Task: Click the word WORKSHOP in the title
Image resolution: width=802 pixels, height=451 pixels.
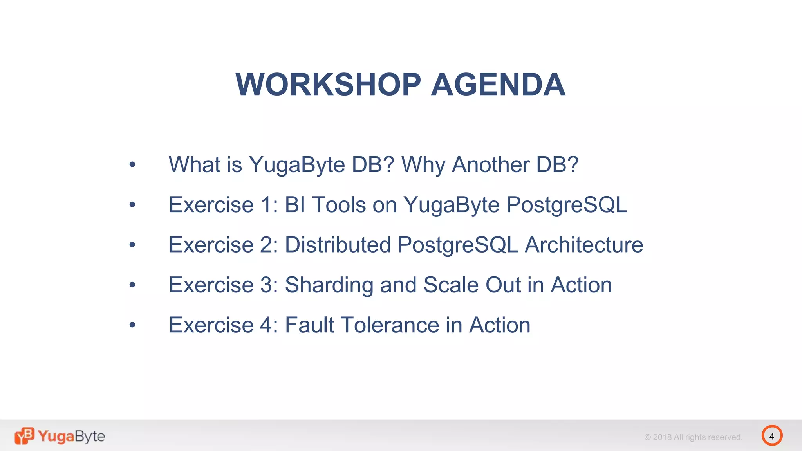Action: (328, 85)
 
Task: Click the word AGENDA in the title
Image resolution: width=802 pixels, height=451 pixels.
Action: (498, 85)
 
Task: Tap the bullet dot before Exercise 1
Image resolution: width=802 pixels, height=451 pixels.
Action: (132, 204)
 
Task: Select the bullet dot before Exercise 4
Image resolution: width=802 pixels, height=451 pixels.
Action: (132, 325)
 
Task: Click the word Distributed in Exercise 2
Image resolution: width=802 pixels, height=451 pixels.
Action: (338, 245)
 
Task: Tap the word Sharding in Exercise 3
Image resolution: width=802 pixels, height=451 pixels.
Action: (329, 285)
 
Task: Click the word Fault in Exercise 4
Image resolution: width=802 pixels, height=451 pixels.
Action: (309, 325)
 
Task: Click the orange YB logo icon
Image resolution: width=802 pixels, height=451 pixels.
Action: (24, 436)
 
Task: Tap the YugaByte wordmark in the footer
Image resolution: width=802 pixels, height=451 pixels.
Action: (71, 436)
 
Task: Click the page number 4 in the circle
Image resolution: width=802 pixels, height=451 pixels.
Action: (771, 436)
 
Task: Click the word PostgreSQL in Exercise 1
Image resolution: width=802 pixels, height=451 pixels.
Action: (566, 204)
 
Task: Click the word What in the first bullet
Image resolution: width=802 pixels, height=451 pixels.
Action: (194, 164)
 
